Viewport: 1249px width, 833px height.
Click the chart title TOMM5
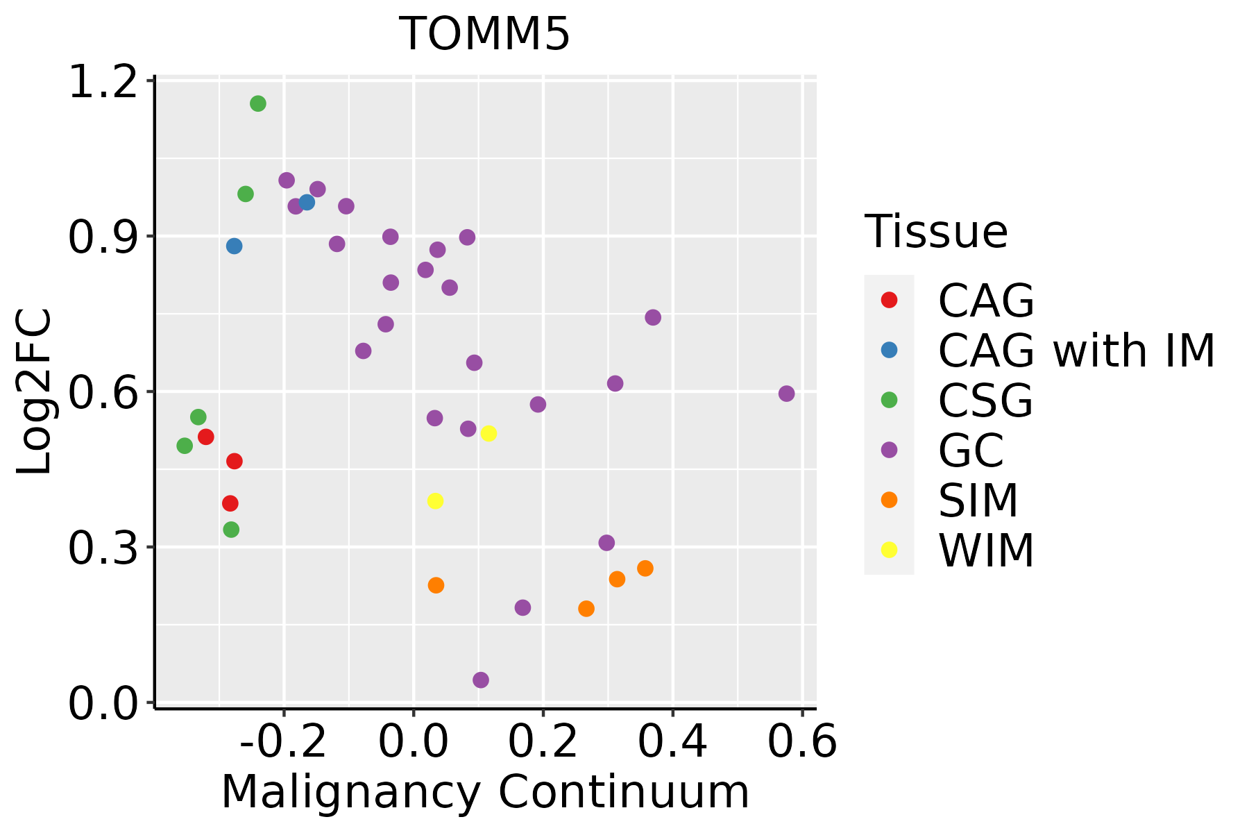click(x=484, y=34)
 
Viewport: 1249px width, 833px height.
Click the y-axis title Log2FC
click(x=35, y=392)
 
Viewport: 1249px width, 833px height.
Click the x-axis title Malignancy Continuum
click(x=484, y=792)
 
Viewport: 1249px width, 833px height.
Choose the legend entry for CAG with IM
click(x=1076, y=351)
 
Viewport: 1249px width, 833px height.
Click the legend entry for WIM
click(x=985, y=550)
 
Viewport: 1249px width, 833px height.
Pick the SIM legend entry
click(x=978, y=500)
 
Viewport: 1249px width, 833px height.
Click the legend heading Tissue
click(x=936, y=231)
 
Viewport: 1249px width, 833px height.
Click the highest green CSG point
click(x=258, y=103)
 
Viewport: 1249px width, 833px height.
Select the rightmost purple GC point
click(x=786, y=394)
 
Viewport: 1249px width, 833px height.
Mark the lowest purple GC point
click(x=481, y=680)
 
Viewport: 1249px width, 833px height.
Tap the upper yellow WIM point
click(x=488, y=433)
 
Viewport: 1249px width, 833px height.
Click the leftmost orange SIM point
click(x=436, y=585)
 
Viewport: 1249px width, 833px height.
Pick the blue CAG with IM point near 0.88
click(x=235, y=246)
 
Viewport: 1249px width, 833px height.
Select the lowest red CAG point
click(x=230, y=503)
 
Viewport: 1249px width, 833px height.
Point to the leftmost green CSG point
click(x=185, y=446)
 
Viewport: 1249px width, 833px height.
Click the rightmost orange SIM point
click(x=645, y=569)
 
